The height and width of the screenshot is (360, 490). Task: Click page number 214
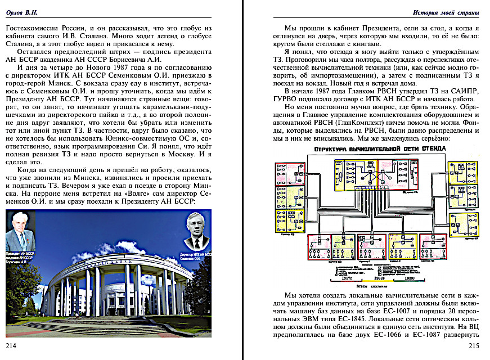[12, 345]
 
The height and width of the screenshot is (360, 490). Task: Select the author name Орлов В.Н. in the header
[24, 11]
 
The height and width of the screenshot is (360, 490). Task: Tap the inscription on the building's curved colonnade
[107, 262]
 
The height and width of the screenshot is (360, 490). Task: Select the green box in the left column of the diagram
[290, 197]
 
